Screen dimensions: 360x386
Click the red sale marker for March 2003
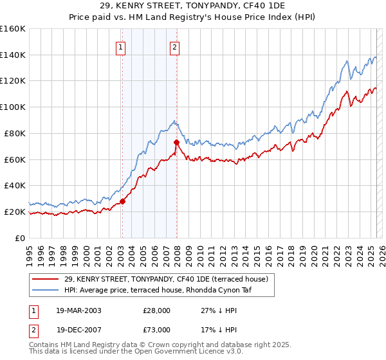coord(122,201)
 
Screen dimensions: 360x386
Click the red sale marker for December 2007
coord(176,141)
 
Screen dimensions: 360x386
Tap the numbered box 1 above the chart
coord(121,46)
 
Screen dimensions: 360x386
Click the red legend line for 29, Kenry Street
coord(46,279)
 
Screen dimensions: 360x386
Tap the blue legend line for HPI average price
coord(46,290)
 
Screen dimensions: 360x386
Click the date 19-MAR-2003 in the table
coord(78,310)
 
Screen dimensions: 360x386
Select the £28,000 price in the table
coord(156,310)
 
